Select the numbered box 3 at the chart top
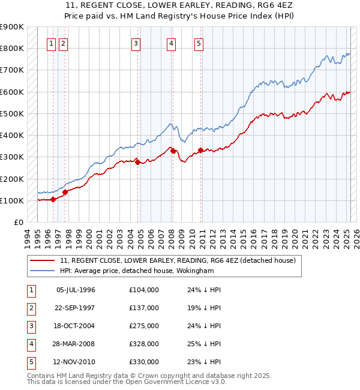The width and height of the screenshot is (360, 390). (136, 43)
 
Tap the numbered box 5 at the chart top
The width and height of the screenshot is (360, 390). (199, 43)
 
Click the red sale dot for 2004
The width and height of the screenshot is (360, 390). (137, 162)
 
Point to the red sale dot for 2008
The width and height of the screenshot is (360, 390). (173, 151)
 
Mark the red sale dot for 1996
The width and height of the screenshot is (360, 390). (53, 199)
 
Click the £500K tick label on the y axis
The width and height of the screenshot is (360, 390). (12, 113)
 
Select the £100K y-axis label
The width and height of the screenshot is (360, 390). (12, 200)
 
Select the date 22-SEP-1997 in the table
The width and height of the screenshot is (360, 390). (76, 308)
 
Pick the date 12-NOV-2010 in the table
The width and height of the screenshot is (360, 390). (76, 362)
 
